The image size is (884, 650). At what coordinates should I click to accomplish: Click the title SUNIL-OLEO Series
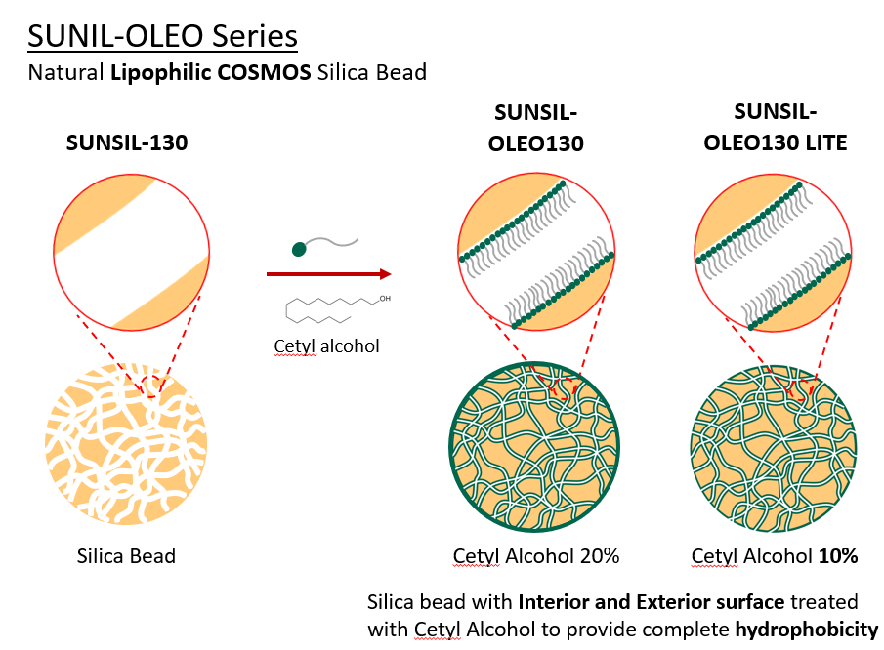point(162,36)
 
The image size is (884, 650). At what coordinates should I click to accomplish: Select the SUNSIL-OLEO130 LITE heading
point(776,127)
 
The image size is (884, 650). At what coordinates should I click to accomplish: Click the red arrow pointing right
point(328,274)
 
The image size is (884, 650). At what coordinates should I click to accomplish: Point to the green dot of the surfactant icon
point(299,249)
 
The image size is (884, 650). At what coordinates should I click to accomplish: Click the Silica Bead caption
point(126,556)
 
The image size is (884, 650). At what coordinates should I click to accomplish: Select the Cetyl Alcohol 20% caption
point(535,556)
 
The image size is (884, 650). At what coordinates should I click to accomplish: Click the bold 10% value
point(836,556)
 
